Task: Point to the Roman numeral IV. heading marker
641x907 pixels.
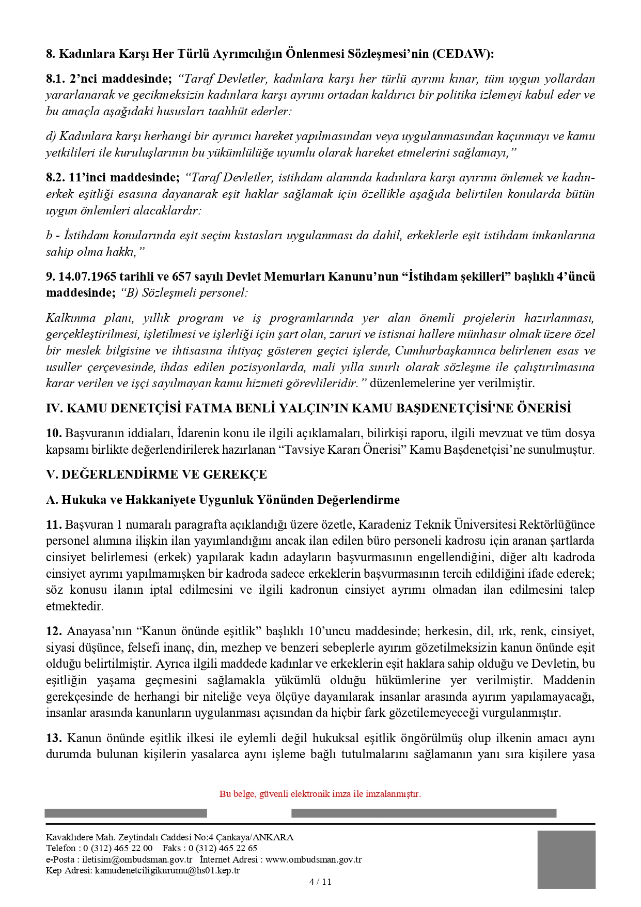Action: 54,408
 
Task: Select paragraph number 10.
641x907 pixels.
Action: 53,433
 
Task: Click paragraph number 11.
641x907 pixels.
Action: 53,525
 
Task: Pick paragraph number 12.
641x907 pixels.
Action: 53,631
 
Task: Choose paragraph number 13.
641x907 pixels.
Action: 53,737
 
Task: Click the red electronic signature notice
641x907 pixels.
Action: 320,794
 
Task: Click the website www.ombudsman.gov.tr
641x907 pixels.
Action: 314,859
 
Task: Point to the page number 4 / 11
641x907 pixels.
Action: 320,882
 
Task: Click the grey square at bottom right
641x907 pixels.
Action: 566,860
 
